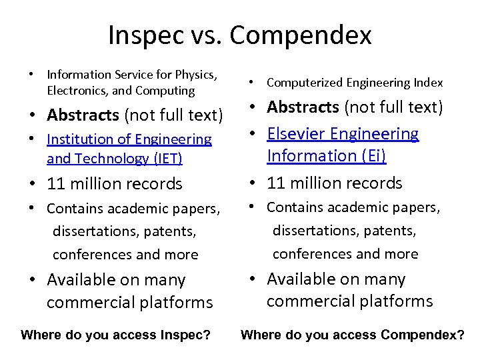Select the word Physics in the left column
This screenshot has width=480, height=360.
pos(197,75)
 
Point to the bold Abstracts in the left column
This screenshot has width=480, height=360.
pos(83,115)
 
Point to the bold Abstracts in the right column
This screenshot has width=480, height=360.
pos(304,107)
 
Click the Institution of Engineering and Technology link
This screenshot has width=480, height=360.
pos(129,149)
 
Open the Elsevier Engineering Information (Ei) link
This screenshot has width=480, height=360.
pos(343,144)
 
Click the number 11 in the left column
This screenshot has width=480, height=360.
pos(55,184)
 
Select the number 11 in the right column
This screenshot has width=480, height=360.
pos(275,183)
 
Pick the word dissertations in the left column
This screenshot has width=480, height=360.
pos(97,232)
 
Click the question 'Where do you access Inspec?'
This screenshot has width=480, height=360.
pos(116,335)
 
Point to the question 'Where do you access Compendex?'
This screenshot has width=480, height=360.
pos(352,335)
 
